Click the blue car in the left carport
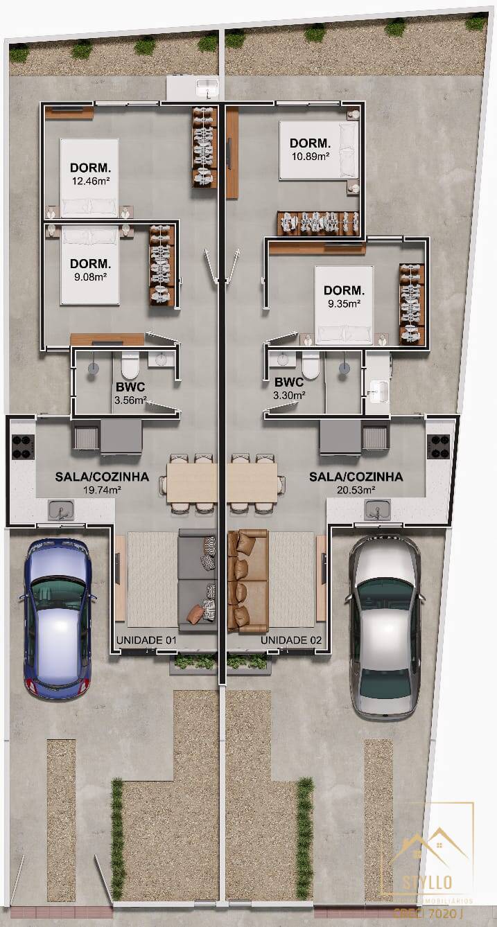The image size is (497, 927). click(x=58, y=618)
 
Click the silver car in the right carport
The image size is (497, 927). click(x=385, y=626)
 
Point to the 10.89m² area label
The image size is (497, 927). click(x=311, y=156)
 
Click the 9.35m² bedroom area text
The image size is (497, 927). click(x=343, y=303)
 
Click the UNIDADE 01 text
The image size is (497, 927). click(x=145, y=640)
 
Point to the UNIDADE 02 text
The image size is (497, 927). click(x=291, y=640)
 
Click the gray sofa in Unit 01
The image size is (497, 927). click(x=198, y=581)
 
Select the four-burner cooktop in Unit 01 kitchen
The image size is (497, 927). click(x=23, y=446)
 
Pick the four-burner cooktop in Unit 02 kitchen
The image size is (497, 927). click(x=440, y=446)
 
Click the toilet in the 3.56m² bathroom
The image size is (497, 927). click(x=130, y=364)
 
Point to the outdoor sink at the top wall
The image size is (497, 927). click(x=207, y=88)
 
